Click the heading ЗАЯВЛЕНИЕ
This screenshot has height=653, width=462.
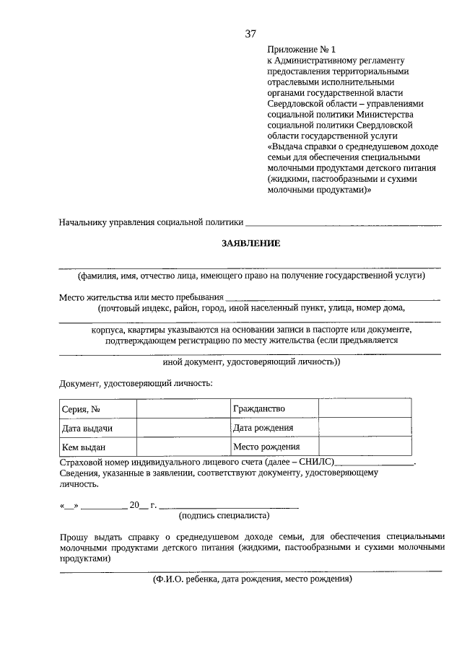(250, 243)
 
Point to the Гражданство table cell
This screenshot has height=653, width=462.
(274, 409)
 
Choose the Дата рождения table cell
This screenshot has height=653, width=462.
(274, 428)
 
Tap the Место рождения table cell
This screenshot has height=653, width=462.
(274, 447)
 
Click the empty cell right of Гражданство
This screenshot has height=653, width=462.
(365, 409)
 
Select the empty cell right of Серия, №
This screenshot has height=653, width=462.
(182, 409)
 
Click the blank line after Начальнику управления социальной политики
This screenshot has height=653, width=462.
(344, 223)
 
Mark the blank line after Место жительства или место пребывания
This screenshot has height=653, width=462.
(332, 297)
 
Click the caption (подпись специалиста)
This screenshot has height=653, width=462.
(224, 515)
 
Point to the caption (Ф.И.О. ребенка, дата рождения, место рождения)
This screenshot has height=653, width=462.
(251, 579)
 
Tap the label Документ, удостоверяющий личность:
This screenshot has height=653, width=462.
(136, 382)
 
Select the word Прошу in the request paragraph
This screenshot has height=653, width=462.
(74, 537)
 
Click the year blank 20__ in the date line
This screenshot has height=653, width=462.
(139, 505)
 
